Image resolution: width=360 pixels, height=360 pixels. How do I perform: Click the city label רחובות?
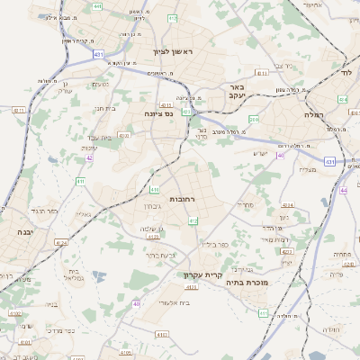[x=183, y=199]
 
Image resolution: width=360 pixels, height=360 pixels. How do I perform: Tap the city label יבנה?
[x=21, y=231]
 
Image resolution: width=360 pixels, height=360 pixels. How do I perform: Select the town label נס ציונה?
[x=158, y=114]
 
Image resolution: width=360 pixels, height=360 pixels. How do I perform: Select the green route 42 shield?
[x=89, y=157]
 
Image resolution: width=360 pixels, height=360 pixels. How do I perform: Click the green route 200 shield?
[x=254, y=119]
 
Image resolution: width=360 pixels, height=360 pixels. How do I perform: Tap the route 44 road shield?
[x=344, y=191]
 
